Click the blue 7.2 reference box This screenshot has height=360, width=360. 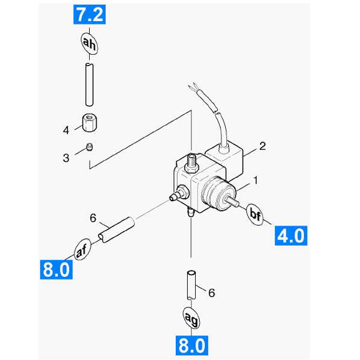tap(89, 14)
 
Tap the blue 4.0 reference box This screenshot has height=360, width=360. tap(291, 235)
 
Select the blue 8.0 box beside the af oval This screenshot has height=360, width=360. tap(57, 270)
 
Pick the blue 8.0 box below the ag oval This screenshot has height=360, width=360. tap(192, 346)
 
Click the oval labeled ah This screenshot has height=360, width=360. tap(89, 43)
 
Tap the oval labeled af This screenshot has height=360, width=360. tap(82, 249)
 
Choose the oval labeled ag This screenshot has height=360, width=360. tap(191, 318)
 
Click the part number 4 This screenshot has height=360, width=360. tap(66, 131)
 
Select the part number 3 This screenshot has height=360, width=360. tap(66, 158)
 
